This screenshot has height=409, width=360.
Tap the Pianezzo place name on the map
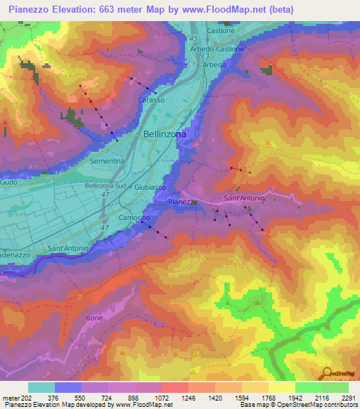point(184,202)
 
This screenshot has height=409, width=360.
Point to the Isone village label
point(94,318)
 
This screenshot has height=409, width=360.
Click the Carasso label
point(151,100)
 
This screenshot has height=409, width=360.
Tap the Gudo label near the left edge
point(9,182)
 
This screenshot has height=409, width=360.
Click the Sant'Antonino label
point(70,248)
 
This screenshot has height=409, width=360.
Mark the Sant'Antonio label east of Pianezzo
point(244,199)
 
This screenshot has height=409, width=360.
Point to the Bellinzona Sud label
point(105,186)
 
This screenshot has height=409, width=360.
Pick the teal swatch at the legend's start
point(41,387)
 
